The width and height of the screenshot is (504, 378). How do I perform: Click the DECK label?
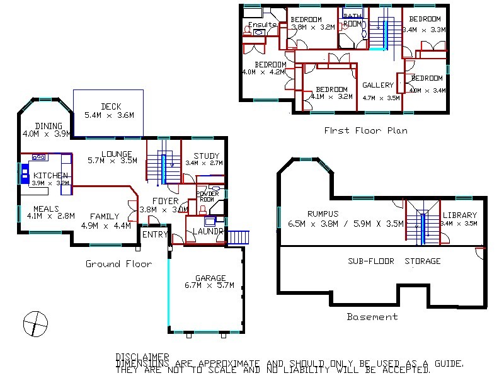pyautogui.click(x=111, y=106)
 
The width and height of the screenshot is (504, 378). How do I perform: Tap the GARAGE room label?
pyautogui.click(x=210, y=278)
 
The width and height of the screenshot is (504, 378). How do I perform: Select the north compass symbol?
pyautogui.click(x=36, y=324)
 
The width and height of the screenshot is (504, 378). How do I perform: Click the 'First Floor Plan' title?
pyautogui.click(x=365, y=130)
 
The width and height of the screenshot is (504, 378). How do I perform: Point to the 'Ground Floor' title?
pyautogui.click(x=118, y=264)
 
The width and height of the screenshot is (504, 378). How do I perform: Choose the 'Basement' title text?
pyautogui.click(x=372, y=317)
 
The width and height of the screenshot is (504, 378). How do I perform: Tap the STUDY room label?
pyautogui.click(x=206, y=156)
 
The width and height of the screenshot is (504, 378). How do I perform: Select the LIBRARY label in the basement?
pyautogui.click(x=459, y=215)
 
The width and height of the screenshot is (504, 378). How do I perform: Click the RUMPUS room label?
pyautogui.click(x=323, y=214)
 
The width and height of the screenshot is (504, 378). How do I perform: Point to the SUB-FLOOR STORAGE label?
pyautogui.click(x=394, y=261)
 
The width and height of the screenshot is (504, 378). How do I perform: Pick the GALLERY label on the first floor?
pyautogui.click(x=378, y=85)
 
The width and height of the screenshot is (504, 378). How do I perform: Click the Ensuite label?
pyautogui.click(x=262, y=25)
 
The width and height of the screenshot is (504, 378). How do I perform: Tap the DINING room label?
pyautogui.click(x=49, y=126)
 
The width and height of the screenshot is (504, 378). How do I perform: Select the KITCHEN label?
pyautogui.click(x=50, y=175)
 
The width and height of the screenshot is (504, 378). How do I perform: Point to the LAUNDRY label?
pyautogui.click(x=208, y=231)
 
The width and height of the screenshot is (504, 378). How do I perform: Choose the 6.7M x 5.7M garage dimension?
pyautogui.click(x=210, y=285)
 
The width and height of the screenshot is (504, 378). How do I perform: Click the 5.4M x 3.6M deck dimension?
pyautogui.click(x=111, y=115)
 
